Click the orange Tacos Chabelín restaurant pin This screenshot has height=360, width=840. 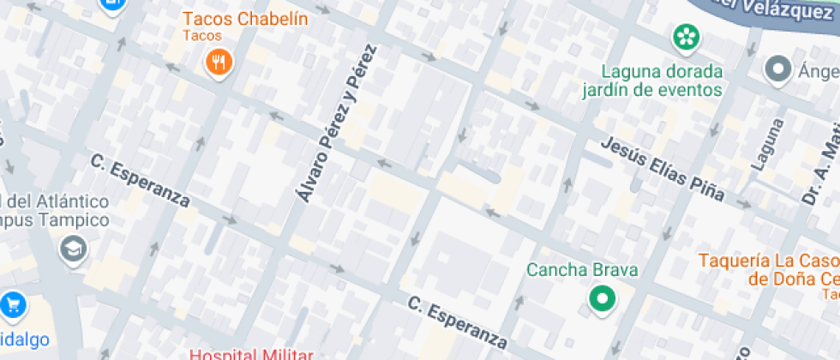tap(219, 63)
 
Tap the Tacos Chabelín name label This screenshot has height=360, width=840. tap(245, 19)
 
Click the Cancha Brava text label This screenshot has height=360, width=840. tap(582, 270)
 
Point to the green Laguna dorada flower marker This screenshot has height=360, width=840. tap(685, 37)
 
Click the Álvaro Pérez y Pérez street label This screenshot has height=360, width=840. tap(337, 124)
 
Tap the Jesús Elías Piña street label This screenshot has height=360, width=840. tap(662, 170)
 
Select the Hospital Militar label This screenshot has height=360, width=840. tap(250, 353)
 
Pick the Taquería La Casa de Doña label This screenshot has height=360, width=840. tap(768, 269)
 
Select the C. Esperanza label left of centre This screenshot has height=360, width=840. tap(141, 179)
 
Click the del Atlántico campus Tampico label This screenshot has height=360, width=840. tap(55, 211)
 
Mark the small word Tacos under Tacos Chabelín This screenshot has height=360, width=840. tap(202, 36)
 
